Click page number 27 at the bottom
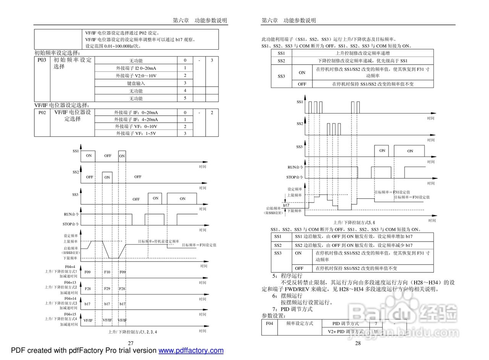131,343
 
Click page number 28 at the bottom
358,343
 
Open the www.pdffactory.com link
191,350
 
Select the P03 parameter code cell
42,60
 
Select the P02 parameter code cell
42,112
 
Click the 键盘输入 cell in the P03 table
136,83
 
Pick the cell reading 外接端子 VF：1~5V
136,133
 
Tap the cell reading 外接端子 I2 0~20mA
136,68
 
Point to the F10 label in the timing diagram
107,272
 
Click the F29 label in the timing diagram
107,289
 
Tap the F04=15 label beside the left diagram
70,314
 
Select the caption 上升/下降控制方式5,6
354,222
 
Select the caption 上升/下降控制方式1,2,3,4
133,332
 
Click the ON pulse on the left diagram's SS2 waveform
107,177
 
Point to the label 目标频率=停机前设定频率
158,242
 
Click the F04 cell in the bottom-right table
270,323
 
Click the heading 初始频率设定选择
57,53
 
